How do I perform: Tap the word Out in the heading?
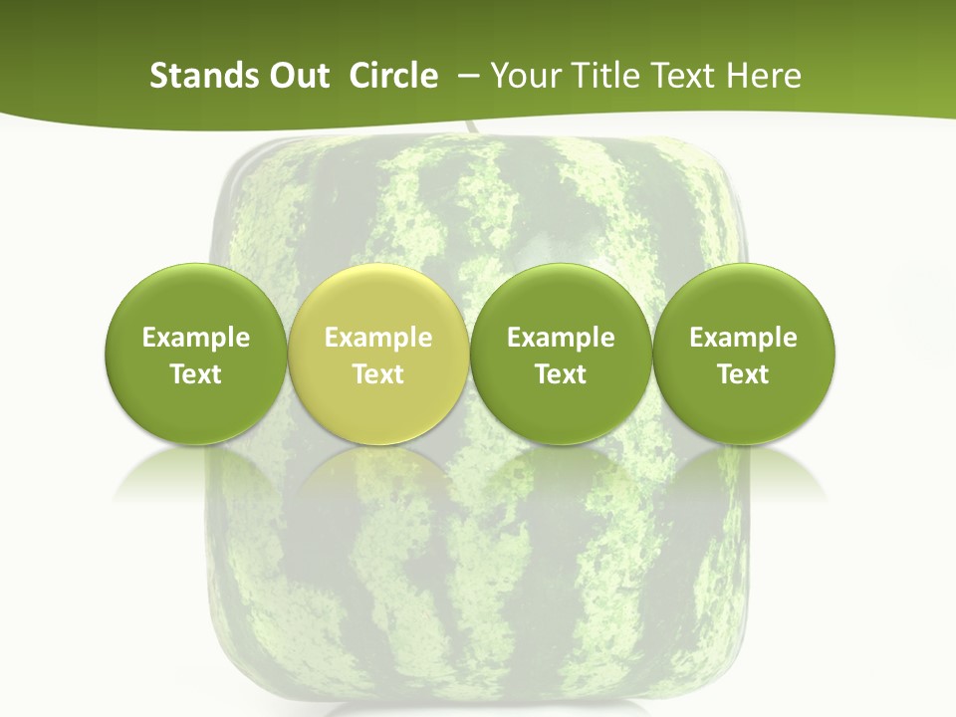click(x=297, y=76)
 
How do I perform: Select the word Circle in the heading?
click(x=393, y=76)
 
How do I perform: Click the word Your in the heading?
click(x=521, y=76)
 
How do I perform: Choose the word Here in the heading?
click(x=764, y=76)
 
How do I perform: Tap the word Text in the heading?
click(x=680, y=76)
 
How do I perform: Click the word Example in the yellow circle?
click(x=378, y=339)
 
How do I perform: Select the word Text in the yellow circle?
click(x=378, y=374)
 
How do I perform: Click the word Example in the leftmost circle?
click(x=196, y=339)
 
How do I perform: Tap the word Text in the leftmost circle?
click(x=196, y=374)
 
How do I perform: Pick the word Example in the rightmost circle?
click(x=743, y=339)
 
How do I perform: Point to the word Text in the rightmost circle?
click(x=743, y=374)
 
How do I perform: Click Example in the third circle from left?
click(x=561, y=339)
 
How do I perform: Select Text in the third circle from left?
click(x=561, y=374)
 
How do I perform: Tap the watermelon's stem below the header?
click(x=467, y=129)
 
